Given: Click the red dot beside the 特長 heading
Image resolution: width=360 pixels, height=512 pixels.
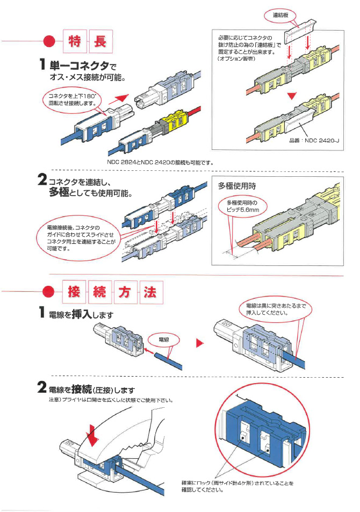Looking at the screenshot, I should pyautogui.click(x=49, y=41).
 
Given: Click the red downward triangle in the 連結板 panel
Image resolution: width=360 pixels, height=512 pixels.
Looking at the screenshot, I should pyautogui.click(x=291, y=96).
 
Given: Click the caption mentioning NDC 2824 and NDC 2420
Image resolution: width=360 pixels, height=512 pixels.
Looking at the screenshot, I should pyautogui.click(x=160, y=161).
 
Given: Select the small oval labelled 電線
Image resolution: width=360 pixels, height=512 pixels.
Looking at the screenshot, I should pyautogui.click(x=165, y=340).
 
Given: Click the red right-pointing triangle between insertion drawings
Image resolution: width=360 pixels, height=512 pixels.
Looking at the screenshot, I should pyautogui.click(x=199, y=343).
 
